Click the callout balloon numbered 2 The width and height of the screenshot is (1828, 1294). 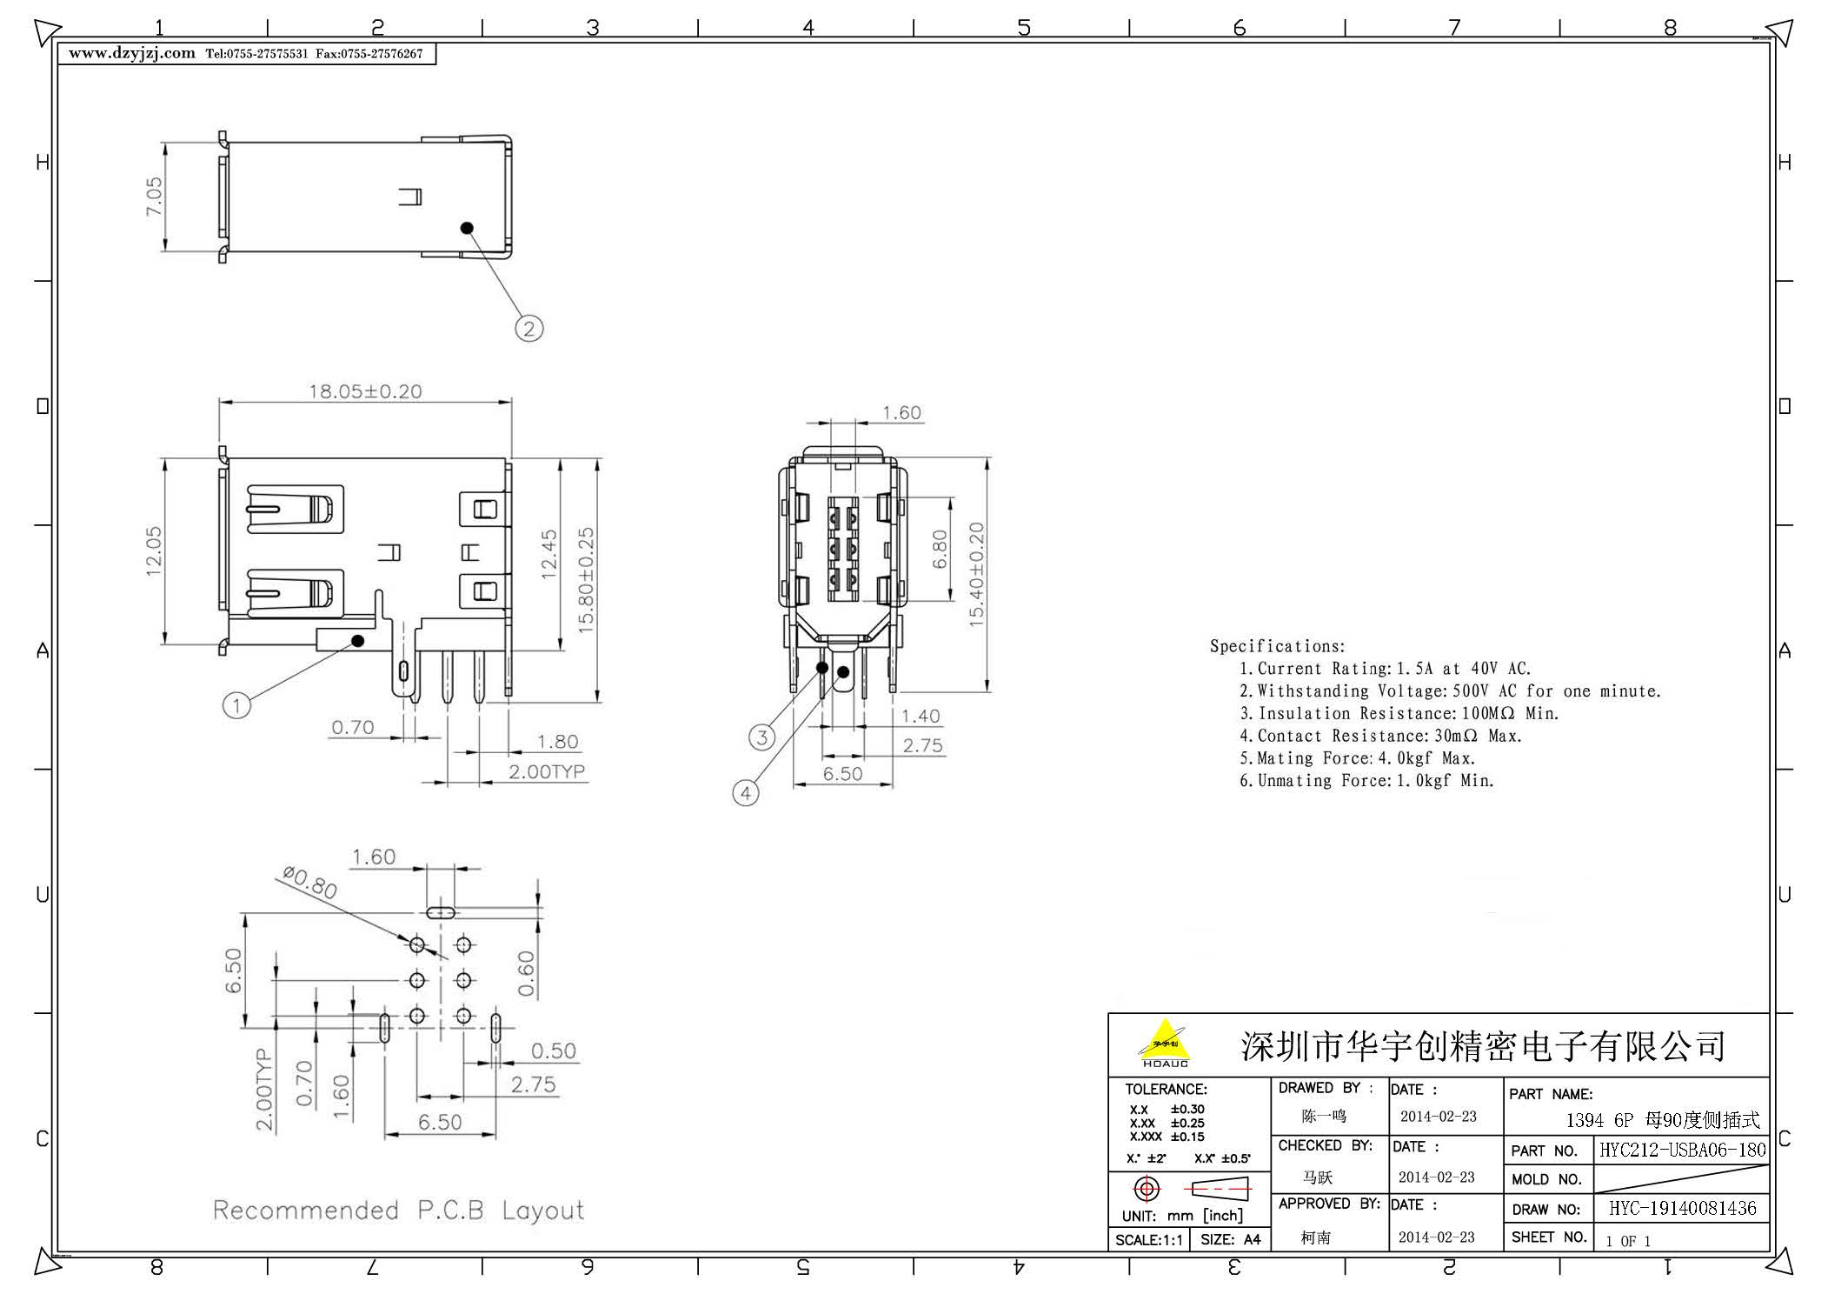click(528, 329)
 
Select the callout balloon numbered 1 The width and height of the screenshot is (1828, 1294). click(236, 704)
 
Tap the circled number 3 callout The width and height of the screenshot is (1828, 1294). click(762, 738)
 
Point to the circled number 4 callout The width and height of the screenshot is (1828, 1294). click(746, 793)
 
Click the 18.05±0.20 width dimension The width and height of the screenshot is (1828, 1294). click(365, 391)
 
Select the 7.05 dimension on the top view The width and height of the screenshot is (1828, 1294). click(154, 197)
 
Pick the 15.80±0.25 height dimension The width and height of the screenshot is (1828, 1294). click(586, 579)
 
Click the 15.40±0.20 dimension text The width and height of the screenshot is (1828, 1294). click(976, 574)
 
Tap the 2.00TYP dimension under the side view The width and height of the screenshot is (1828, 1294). click(547, 771)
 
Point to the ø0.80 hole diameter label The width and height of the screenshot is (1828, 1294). click(310, 884)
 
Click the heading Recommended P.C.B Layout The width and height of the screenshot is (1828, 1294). click(399, 1210)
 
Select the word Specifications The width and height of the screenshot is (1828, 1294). click(1277, 646)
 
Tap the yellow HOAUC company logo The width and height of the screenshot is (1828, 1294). click(1165, 1044)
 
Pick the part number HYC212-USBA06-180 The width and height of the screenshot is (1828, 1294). click(1683, 1150)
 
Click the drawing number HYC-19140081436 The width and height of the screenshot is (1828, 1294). click(1683, 1208)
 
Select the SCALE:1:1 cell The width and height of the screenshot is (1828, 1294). click(1148, 1240)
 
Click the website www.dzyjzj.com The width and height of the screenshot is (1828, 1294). click(132, 54)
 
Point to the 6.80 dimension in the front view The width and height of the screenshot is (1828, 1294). click(940, 549)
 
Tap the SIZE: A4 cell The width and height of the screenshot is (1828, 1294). click(1230, 1240)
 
